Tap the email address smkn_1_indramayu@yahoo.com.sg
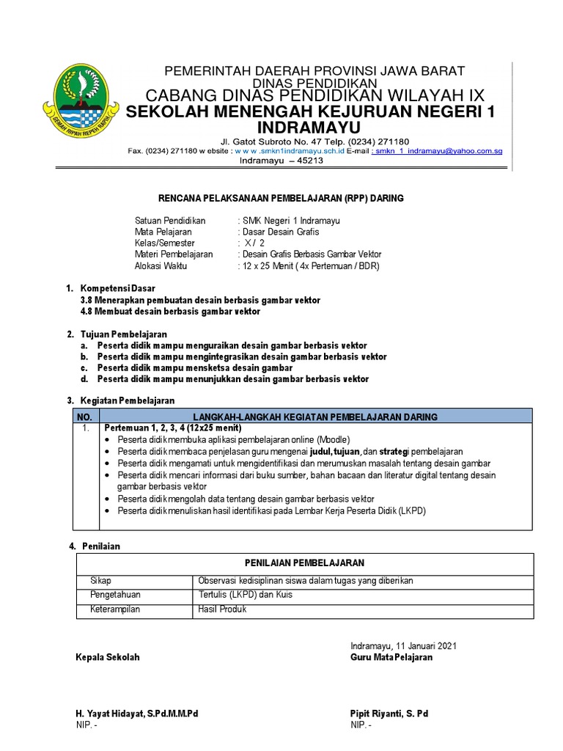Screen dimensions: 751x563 point(438,151)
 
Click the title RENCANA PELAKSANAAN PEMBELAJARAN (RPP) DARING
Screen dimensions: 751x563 point(281,198)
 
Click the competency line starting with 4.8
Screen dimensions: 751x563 point(169,312)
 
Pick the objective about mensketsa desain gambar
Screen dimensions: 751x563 point(194,367)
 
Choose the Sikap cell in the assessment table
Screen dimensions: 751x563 point(100,580)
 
